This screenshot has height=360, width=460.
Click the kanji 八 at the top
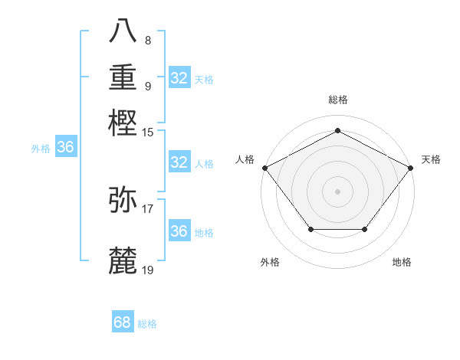pyautogui.click(x=123, y=31)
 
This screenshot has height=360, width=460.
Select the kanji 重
pyautogui.click(x=123, y=77)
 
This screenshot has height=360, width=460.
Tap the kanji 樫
pyautogui.click(x=123, y=123)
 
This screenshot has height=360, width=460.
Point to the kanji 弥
pyautogui.click(x=123, y=200)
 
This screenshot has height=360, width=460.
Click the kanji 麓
pyautogui.click(x=123, y=260)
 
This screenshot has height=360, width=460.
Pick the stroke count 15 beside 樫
pyautogui.click(x=148, y=132)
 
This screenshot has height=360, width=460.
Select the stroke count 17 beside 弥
pyautogui.click(x=148, y=208)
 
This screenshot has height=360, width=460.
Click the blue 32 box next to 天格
pyautogui.click(x=179, y=78)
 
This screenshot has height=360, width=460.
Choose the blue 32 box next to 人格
pyautogui.click(x=179, y=162)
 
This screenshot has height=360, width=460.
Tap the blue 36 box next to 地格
pyautogui.click(x=179, y=231)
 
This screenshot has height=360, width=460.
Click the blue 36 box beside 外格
pyautogui.click(x=65, y=148)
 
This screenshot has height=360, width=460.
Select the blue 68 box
pyautogui.click(x=123, y=322)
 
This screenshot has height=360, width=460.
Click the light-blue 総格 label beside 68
pyautogui.click(x=147, y=324)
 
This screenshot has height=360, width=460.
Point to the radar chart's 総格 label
pyautogui.click(x=337, y=100)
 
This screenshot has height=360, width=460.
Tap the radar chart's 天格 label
pyautogui.click(x=431, y=159)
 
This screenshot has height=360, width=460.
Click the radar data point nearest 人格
pyautogui.click(x=264, y=167)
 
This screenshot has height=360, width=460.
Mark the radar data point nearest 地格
pyautogui.click(x=364, y=229)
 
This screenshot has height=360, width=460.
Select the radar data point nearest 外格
pyautogui.click(x=310, y=229)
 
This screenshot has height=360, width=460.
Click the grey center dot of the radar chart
pyautogui.click(x=337, y=191)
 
